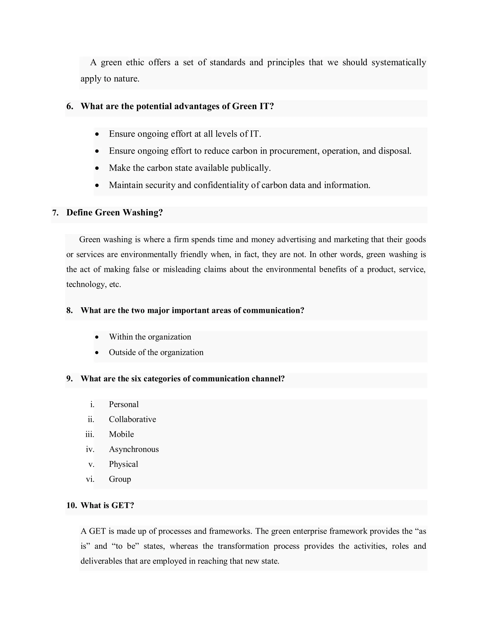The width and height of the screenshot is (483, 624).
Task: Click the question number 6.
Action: tap(70, 106)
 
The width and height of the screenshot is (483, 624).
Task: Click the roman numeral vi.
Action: tap(90, 479)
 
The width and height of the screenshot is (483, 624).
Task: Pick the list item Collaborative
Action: tap(133, 419)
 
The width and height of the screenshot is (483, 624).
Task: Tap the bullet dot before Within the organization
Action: tap(97, 337)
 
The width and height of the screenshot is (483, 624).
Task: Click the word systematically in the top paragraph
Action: tap(399, 63)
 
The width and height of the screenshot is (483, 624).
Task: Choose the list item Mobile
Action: tap(121, 434)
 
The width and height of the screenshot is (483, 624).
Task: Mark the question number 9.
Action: tap(70, 379)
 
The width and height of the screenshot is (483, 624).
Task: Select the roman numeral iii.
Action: tap(90, 434)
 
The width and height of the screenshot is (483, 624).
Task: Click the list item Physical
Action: tap(123, 464)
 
